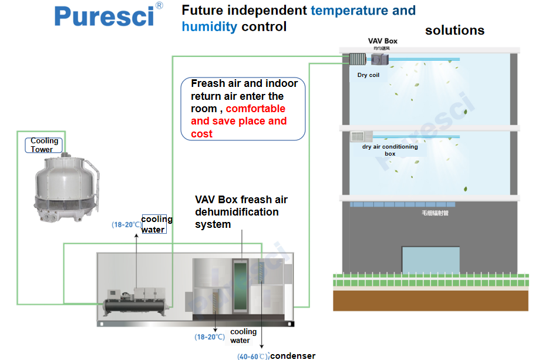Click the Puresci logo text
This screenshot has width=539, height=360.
104,16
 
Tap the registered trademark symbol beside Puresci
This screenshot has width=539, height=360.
159,6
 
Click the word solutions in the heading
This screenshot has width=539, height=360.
454,31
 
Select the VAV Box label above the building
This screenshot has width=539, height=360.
382,41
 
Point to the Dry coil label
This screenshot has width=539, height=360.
368,75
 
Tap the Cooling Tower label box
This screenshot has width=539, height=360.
45,145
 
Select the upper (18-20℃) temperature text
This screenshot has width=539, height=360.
126,224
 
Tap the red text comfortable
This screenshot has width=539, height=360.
255,109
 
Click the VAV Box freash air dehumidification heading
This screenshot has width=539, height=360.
241,212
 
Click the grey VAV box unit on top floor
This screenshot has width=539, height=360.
379,59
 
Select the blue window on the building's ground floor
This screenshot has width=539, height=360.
430,260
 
